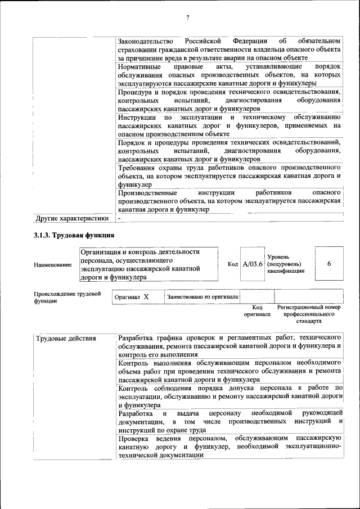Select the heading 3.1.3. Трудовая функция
[74, 235]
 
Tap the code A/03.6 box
[253, 264]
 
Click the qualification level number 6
[328, 264]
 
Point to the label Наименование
[53, 264]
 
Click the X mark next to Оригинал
[146, 296]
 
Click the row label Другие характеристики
[71, 218]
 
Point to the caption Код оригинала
[257, 311]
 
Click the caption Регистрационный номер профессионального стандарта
[309, 314]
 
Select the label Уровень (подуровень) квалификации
[286, 264]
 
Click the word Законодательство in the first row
[147, 42]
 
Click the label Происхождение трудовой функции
[67, 297]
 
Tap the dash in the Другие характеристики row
[120, 218]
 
